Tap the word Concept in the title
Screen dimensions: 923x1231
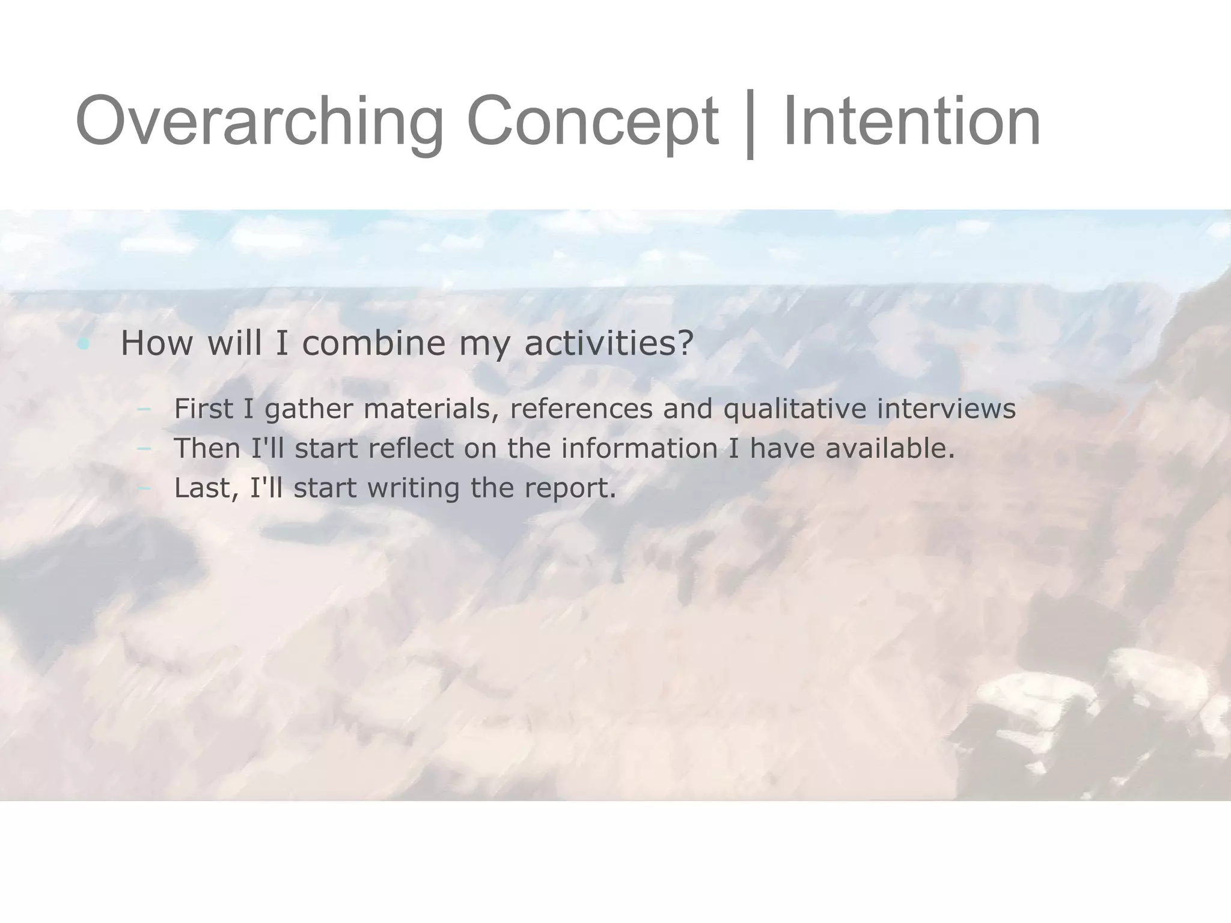[592, 122]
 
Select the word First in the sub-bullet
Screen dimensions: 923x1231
[203, 409]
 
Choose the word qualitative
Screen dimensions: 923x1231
[795, 409]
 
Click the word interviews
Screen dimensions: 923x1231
[946, 409]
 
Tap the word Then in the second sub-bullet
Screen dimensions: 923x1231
[207, 448]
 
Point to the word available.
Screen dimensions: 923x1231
[890, 448]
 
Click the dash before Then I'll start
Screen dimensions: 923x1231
[144, 448]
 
